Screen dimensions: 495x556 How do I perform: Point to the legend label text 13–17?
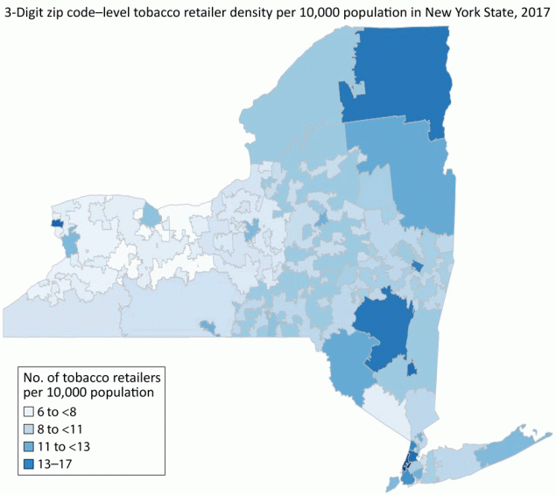tap(62, 463)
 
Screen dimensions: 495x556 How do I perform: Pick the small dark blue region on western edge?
tap(57, 224)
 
